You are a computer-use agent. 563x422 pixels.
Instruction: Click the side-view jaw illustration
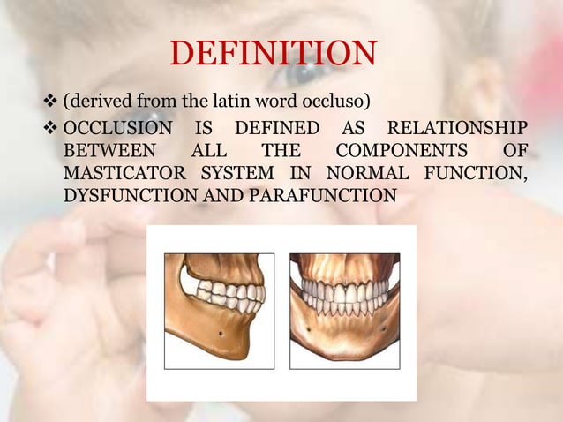pos(219,311)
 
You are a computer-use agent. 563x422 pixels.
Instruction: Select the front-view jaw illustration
pos(345,311)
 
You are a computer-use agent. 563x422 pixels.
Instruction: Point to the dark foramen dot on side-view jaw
pos(220,335)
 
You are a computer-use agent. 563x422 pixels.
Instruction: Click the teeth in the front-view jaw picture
pos(345,295)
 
